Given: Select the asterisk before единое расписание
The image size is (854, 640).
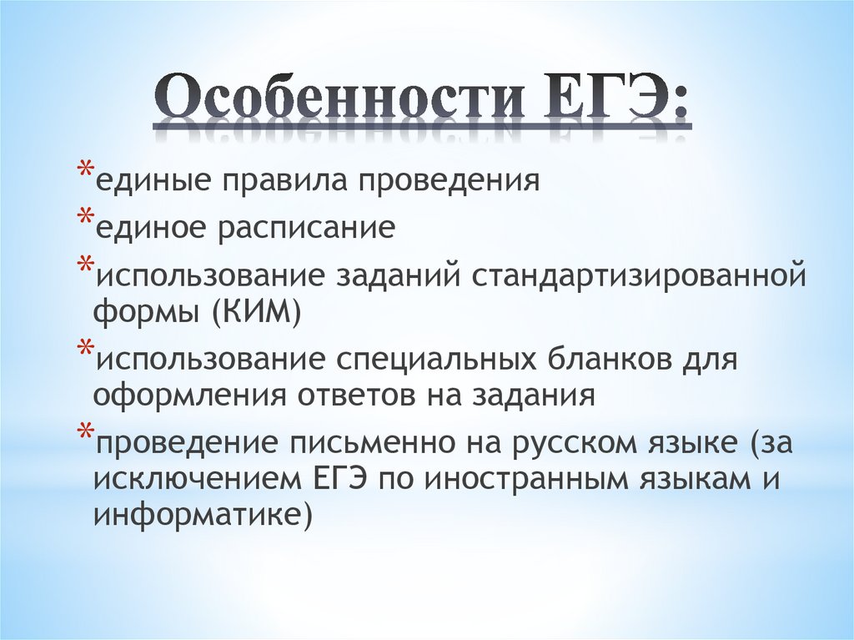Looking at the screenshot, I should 86,218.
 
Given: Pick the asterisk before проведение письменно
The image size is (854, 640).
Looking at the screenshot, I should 86,433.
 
